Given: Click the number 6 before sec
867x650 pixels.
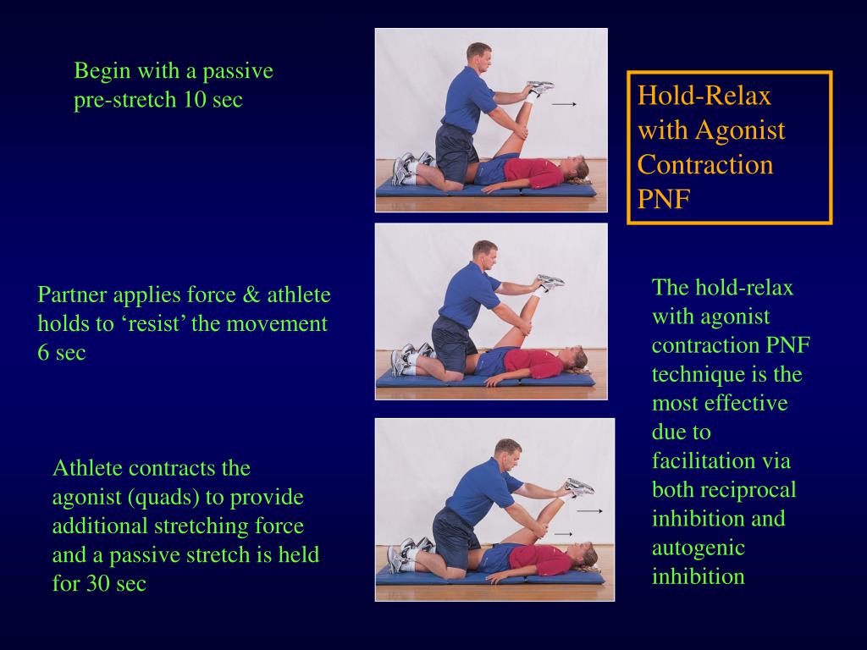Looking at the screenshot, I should click(x=43, y=353).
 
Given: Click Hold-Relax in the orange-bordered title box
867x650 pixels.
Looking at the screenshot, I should click(x=704, y=96).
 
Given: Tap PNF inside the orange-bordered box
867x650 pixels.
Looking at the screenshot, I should click(x=664, y=199).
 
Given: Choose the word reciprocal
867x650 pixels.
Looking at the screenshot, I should click(x=750, y=490).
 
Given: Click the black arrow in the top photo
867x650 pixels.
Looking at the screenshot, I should click(x=564, y=104).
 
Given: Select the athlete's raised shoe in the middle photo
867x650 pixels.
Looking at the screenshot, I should click(x=549, y=282).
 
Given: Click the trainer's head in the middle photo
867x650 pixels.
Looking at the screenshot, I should click(x=484, y=252).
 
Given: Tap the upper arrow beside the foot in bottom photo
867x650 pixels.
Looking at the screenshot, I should click(x=589, y=511).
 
